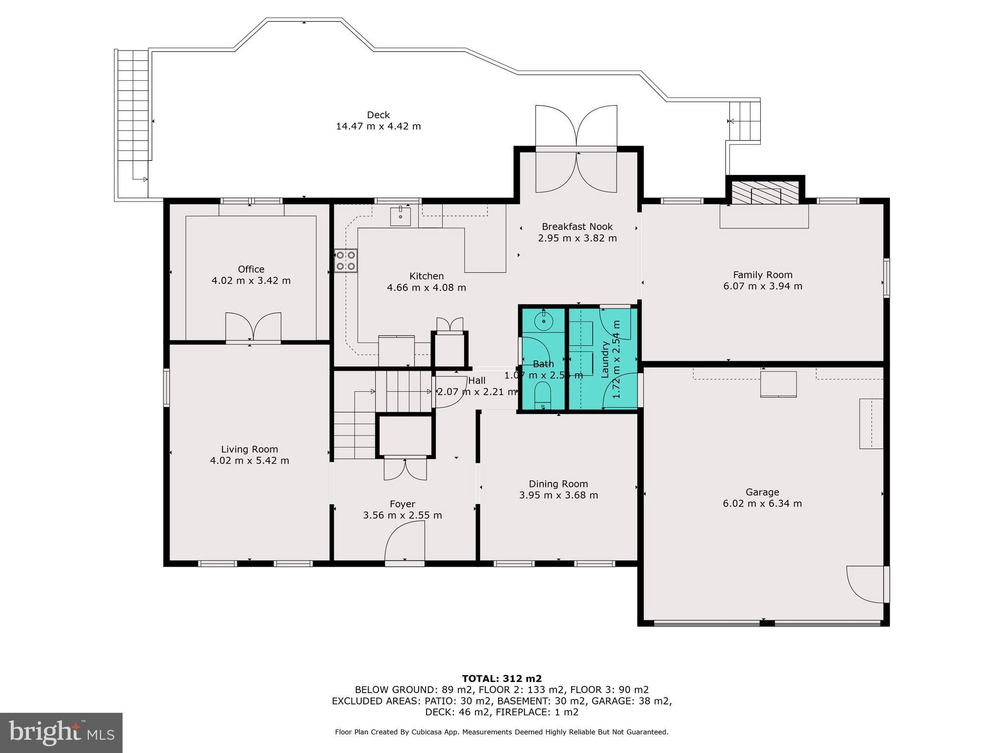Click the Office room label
(x=251, y=269)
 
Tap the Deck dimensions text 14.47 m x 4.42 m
(x=378, y=126)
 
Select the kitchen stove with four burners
(x=346, y=260)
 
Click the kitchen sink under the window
(x=401, y=216)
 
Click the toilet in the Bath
(x=543, y=395)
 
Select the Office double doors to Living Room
(x=253, y=326)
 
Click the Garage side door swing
(x=866, y=584)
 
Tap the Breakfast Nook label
(x=577, y=226)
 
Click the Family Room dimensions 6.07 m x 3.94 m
(x=762, y=286)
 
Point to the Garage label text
(x=762, y=492)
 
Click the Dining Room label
(x=558, y=484)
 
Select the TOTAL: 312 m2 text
(x=502, y=678)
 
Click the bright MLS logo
(x=61, y=732)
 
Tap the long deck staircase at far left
(x=133, y=105)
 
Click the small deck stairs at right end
(x=744, y=121)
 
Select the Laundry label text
(x=604, y=359)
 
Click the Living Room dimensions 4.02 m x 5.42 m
(x=250, y=461)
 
